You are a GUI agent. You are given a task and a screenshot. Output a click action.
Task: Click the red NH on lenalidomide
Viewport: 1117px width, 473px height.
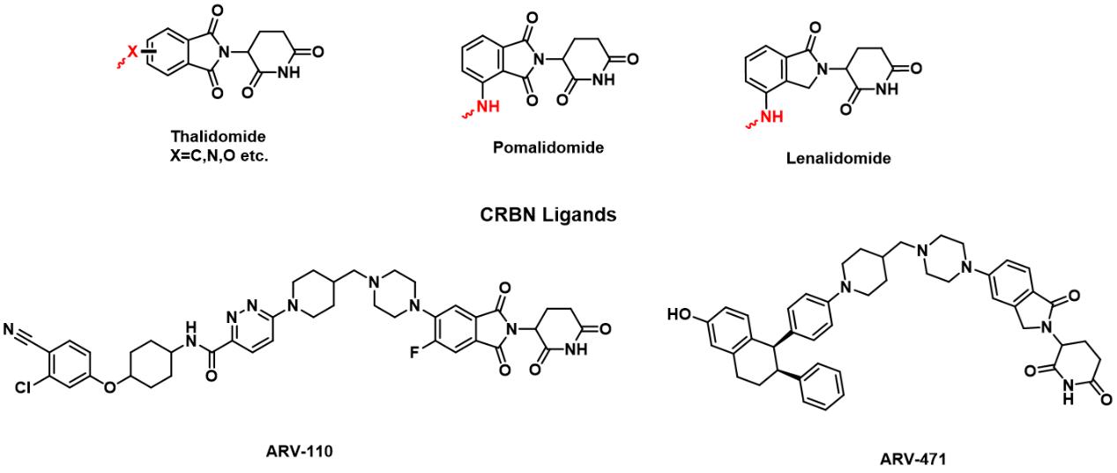[771, 115]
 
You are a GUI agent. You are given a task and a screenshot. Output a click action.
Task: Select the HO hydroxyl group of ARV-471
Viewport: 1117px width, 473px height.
[681, 313]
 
